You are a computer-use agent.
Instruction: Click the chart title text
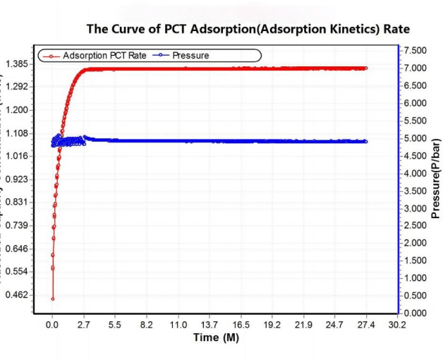coord(248,29)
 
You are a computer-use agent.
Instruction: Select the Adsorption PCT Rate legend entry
coord(103,55)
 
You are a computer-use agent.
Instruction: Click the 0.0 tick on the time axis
coord(52,325)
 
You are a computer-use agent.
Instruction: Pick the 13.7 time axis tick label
coord(210,325)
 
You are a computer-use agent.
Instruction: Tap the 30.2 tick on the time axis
coord(398,325)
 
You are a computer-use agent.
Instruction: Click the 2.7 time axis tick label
coord(83,325)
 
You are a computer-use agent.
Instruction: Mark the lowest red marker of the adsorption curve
coord(52,299)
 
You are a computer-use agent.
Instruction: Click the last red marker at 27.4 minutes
coord(366,68)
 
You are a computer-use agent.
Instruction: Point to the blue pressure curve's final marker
coord(366,141)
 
